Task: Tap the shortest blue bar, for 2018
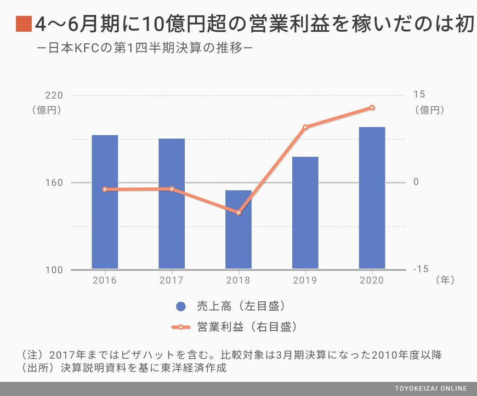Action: [x=238, y=229]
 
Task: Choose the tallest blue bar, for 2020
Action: [x=372, y=198]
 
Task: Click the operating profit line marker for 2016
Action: [x=105, y=190]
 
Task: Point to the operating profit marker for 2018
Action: [x=238, y=213]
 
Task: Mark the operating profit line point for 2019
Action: [x=305, y=127]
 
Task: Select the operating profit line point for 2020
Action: [x=372, y=108]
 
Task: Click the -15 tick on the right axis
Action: [x=421, y=269]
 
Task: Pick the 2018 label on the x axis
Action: [x=238, y=280]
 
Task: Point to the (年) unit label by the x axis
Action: [x=445, y=280]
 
